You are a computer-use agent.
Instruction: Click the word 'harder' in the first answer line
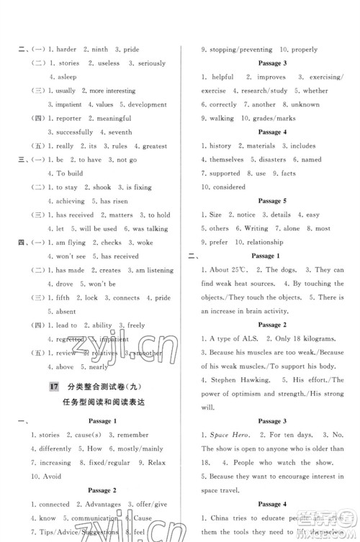point(63,50)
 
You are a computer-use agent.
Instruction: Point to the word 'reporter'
point(69,118)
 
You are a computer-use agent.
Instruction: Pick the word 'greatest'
point(155,146)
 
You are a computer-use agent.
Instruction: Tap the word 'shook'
point(102,187)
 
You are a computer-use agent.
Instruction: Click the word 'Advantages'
point(102,504)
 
